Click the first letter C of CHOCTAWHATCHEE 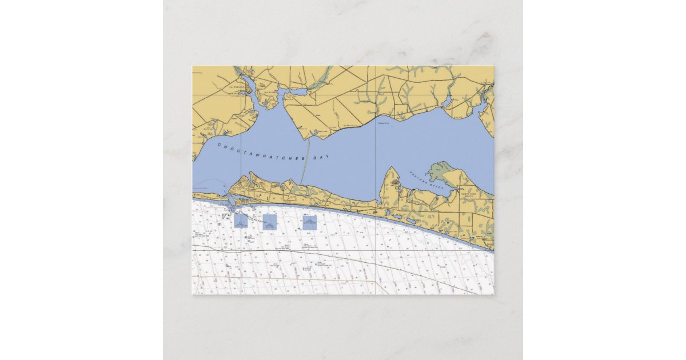219,145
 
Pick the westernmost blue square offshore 241,222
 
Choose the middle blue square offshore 270,222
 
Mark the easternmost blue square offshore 310,222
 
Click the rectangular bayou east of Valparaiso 293,93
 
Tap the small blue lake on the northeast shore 446,102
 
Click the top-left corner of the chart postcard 192,66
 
